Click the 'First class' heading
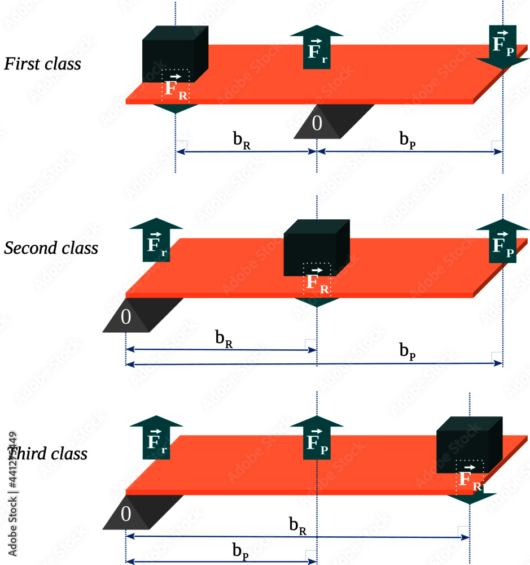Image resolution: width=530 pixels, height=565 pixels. [43, 63]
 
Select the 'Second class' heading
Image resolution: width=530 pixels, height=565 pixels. [51, 248]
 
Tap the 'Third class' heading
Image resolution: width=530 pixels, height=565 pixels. [47, 453]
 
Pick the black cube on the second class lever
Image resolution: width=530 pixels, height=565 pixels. [316, 247]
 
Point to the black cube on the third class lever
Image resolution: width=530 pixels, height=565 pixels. [470, 444]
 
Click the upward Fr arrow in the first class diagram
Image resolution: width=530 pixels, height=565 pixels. [317, 47]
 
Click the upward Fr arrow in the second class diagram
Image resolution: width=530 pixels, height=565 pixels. [156, 242]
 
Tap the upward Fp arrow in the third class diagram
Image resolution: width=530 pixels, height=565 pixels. [317, 438]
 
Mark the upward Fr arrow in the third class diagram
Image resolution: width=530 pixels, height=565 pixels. [156, 438]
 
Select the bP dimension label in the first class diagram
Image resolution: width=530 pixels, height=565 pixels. [408, 141]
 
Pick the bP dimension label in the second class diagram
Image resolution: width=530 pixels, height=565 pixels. [408, 351]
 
